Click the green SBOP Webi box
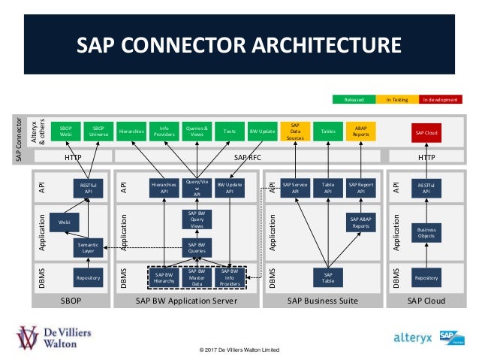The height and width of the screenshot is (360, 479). (65, 132)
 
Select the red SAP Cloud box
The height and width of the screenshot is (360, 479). (426, 132)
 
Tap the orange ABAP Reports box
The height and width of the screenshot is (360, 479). (360, 132)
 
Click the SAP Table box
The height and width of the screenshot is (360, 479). (327, 277)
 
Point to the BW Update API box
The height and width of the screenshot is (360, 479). (229, 187)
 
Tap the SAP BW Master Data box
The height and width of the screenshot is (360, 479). (196, 277)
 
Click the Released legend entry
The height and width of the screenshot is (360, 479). (353, 99)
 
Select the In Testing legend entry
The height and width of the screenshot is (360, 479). (396, 99)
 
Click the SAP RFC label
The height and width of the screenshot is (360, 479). (248, 157)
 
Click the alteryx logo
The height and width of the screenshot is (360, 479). (413, 337)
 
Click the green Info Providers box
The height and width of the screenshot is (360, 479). (164, 132)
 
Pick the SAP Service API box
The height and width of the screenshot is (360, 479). (295, 187)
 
